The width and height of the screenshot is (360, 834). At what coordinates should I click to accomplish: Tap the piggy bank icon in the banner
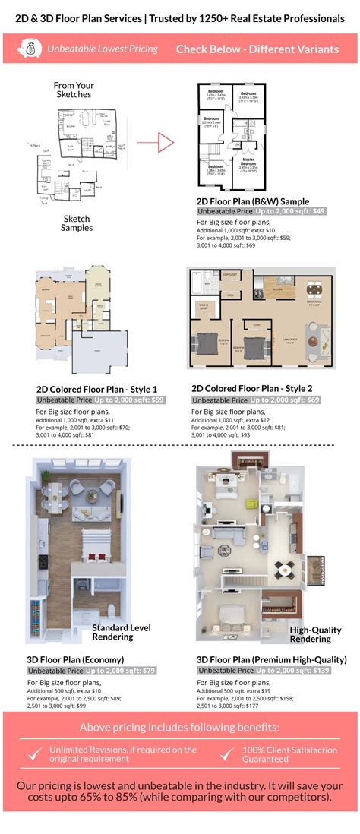click(x=32, y=49)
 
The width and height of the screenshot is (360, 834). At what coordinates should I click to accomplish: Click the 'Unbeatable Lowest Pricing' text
click(x=103, y=49)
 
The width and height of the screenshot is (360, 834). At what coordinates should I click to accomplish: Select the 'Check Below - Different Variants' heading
click(x=257, y=49)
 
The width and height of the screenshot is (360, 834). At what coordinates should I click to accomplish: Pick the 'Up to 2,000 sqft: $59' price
click(x=125, y=400)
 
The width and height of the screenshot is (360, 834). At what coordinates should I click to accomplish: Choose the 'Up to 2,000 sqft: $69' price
click(x=286, y=400)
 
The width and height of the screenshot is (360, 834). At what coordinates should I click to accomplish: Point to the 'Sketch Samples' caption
click(x=77, y=223)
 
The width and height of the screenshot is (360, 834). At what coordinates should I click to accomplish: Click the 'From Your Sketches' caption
click(x=74, y=90)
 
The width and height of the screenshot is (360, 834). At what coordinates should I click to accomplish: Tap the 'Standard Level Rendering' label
click(x=121, y=632)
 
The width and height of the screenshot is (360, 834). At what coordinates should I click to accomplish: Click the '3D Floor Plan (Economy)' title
click(x=80, y=659)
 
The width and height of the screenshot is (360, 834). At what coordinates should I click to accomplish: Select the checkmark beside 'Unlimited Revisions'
click(x=34, y=753)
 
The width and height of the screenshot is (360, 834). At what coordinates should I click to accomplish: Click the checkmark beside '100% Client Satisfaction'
click(x=227, y=753)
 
